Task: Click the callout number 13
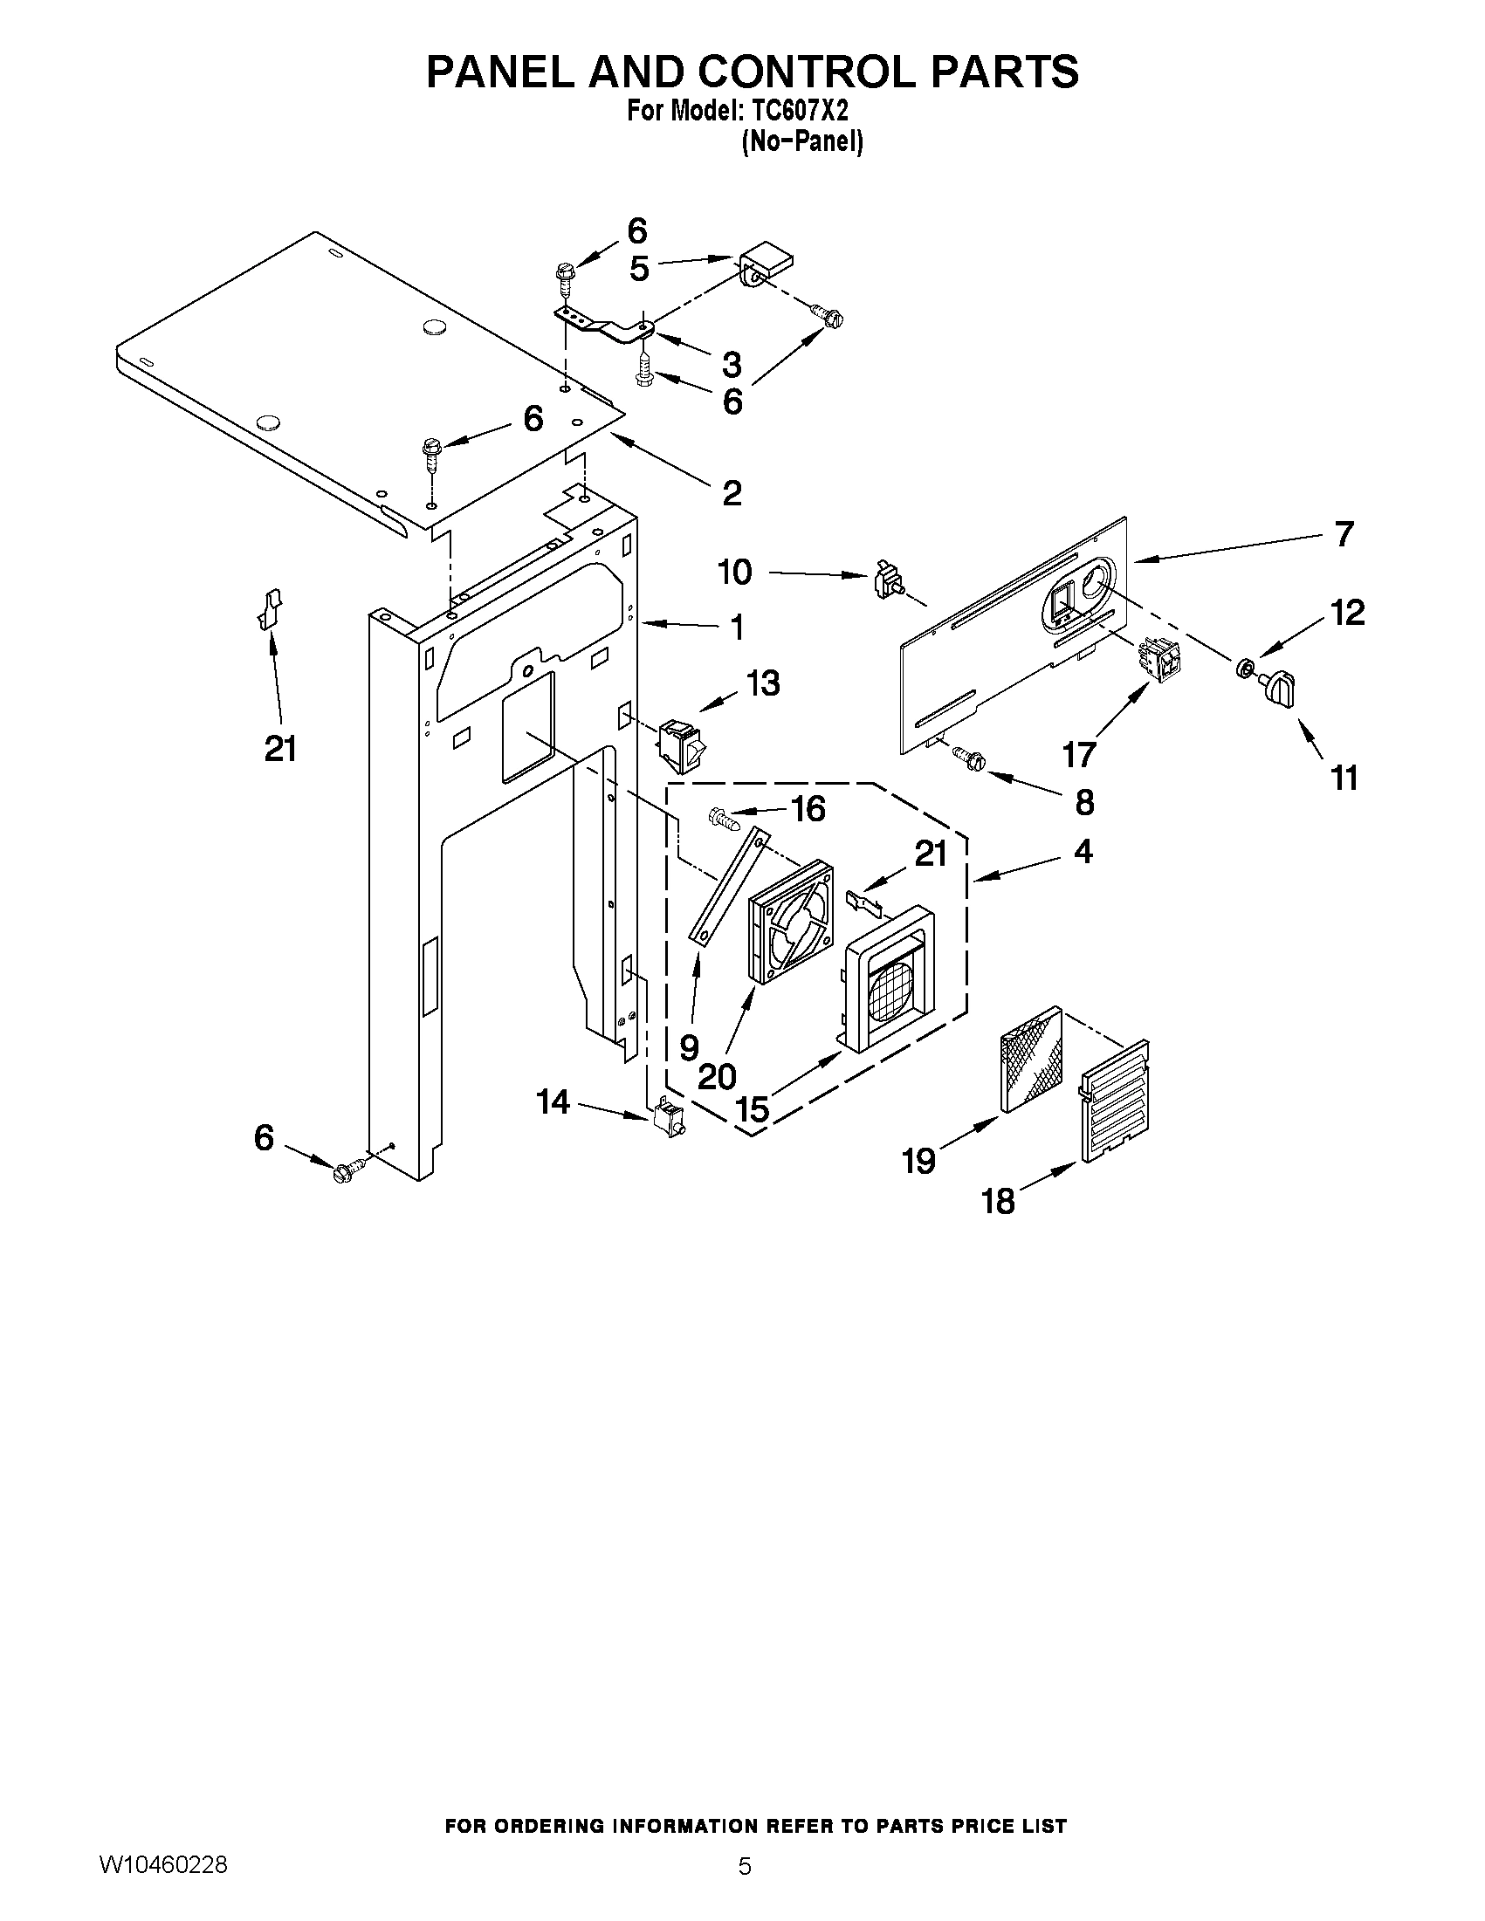tap(763, 683)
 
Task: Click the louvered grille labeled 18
tap(1115, 1101)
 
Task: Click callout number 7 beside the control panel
tap(1344, 534)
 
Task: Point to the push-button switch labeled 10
tap(886, 581)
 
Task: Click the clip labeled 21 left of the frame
tap(270, 608)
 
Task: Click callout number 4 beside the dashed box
tap(1083, 852)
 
